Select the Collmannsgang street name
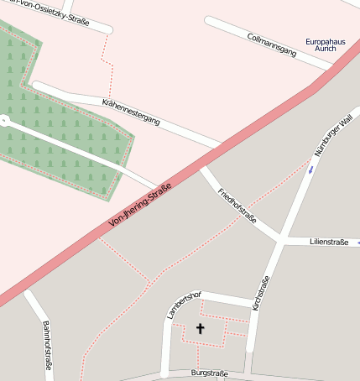272,44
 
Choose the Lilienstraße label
329,242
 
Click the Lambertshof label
185,304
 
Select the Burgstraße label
209,372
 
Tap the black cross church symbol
200,328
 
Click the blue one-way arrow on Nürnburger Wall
311,170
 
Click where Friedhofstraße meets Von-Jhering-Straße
202,169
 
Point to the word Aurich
325,50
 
